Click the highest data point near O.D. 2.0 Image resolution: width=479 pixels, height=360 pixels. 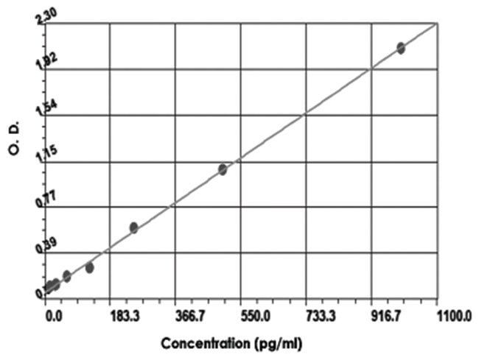pyautogui.click(x=401, y=48)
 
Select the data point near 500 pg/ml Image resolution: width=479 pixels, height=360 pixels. pyautogui.click(x=223, y=170)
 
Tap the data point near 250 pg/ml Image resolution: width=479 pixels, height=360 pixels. pyautogui.click(x=133, y=227)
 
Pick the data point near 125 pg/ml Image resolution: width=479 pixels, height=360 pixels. pyautogui.click(x=89, y=267)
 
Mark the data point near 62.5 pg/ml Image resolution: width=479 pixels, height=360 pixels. pyautogui.click(x=67, y=276)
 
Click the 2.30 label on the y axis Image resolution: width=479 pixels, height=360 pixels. pyautogui.click(x=35, y=17)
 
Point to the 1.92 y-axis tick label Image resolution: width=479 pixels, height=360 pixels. pyautogui.click(x=35, y=62)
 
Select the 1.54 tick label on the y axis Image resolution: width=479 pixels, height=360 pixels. pyautogui.click(x=35, y=107)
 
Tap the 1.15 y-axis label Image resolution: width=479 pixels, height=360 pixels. pyautogui.click(x=35, y=153)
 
